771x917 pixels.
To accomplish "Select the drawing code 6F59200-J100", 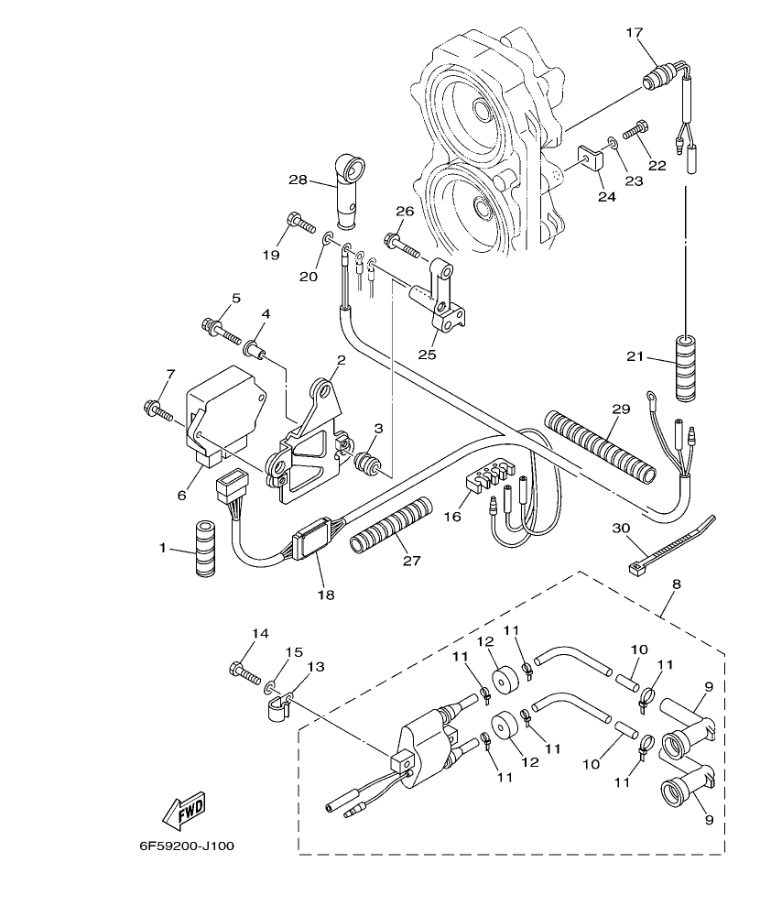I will tap(187, 846).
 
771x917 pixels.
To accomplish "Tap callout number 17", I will tap(635, 33).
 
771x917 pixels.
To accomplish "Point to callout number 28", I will tap(298, 180).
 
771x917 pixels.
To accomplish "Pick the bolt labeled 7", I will tap(158, 410).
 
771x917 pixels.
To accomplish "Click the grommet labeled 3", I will tap(366, 461).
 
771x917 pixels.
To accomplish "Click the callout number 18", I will tap(326, 595).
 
